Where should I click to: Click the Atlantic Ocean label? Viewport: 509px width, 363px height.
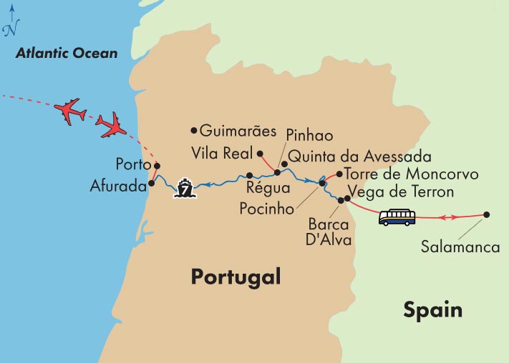(67, 53)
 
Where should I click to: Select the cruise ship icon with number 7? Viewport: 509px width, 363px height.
(185, 189)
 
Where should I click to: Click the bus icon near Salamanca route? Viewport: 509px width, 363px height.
(397, 217)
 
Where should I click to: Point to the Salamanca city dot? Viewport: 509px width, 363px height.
(487, 214)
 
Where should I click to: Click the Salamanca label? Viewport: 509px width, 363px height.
(460, 248)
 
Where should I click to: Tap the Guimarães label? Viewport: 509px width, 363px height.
(237, 131)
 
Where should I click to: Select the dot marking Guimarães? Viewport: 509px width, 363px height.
(193, 131)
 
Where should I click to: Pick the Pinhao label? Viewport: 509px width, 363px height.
(310, 134)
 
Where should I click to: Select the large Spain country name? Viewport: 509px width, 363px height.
(432, 310)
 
